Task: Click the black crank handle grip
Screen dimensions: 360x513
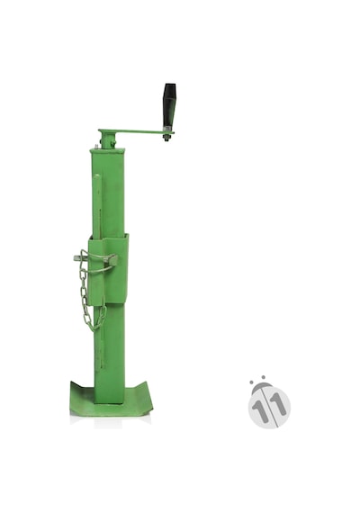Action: (x=170, y=105)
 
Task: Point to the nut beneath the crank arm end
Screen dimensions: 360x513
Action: (x=166, y=139)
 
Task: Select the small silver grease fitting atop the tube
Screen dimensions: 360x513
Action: (x=96, y=147)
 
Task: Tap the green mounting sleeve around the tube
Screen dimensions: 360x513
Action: (x=108, y=269)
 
